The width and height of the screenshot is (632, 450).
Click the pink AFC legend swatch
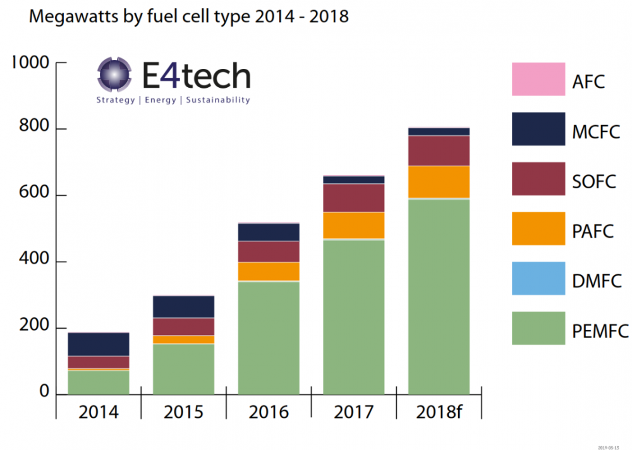coord(538,80)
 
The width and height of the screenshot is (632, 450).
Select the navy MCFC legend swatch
coord(538,129)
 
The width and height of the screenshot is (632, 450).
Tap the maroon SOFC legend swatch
coord(538,179)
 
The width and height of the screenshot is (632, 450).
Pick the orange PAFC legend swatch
coord(538,229)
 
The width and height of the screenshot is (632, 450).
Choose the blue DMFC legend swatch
coord(538,279)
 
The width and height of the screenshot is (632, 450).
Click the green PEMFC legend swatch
coord(538,328)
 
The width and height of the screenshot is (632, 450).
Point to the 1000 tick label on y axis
coord(30,63)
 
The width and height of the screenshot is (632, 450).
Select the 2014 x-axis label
coord(99,412)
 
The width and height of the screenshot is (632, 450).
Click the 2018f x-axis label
coord(439,412)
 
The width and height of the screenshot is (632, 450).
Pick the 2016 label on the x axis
coord(269,412)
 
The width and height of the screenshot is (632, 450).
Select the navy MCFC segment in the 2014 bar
coord(99,344)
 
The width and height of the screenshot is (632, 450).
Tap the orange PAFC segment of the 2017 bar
coord(354,226)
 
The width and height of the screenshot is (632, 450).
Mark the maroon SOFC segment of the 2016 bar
coord(269,252)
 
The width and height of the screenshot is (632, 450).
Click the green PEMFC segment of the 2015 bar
coord(183,370)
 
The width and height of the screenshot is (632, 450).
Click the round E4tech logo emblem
coord(114,75)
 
